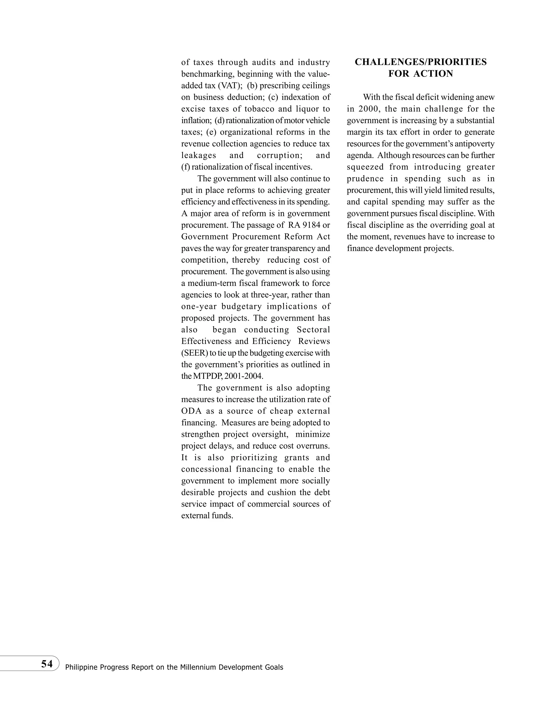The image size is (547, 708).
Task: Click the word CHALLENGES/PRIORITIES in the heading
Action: [x=421, y=62]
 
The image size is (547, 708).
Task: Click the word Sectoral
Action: [x=313, y=330]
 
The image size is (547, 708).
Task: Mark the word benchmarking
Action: [x=208, y=74]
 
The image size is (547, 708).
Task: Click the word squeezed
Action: [x=365, y=167]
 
